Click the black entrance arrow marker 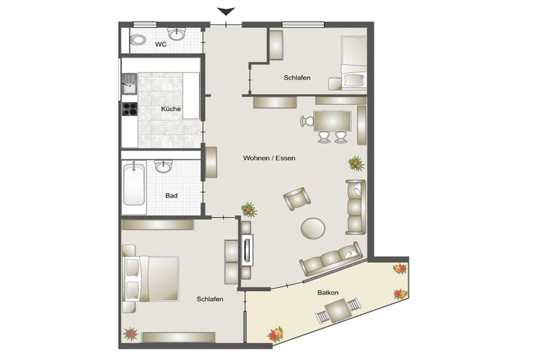(x=226, y=12)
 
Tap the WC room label (x=161, y=44)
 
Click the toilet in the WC (x=138, y=40)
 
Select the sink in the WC (x=177, y=34)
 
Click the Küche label (x=171, y=109)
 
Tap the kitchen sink (x=130, y=83)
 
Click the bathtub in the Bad (x=134, y=184)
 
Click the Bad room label (x=171, y=196)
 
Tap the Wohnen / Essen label (x=269, y=158)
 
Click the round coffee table (x=313, y=228)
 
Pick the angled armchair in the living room (x=297, y=199)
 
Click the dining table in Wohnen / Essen (x=332, y=121)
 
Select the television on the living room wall (x=247, y=250)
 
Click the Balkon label (x=328, y=293)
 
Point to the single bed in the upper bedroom (x=354, y=63)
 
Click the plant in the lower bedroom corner (x=131, y=334)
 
